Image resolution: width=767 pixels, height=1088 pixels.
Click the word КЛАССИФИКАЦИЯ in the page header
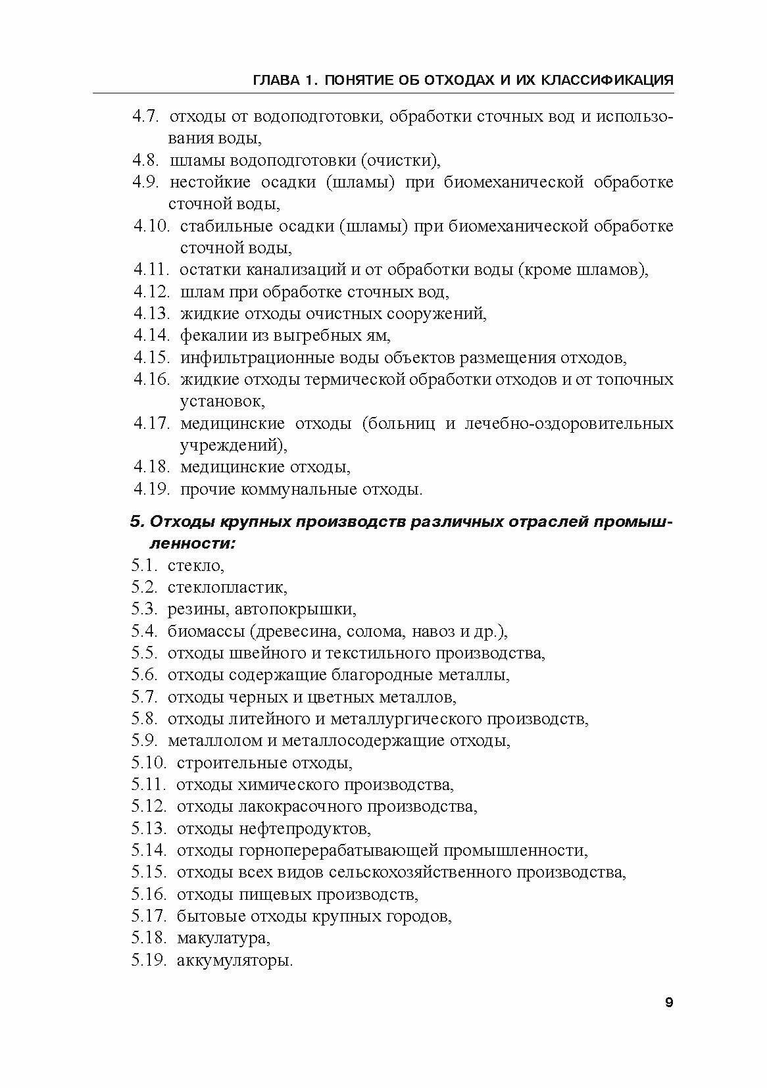click(x=610, y=80)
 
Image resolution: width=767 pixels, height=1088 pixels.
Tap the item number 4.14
click(x=152, y=335)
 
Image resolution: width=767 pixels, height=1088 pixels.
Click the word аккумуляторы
click(x=235, y=960)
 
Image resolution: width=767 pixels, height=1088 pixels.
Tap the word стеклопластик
click(x=228, y=587)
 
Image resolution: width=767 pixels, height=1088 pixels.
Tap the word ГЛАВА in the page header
click(x=276, y=80)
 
